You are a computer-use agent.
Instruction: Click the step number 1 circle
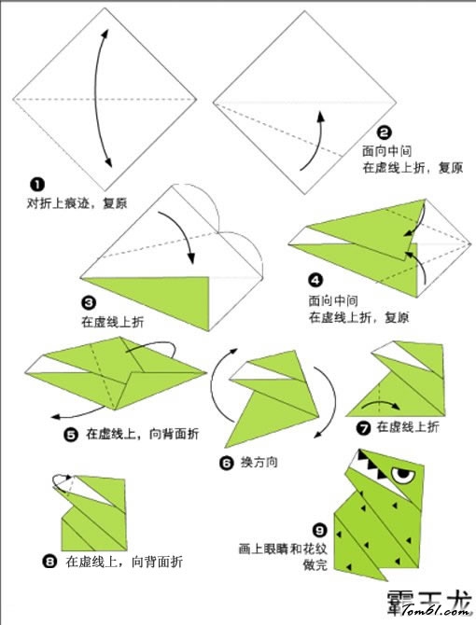coord(37,184)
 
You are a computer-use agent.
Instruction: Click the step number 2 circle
coord(385,132)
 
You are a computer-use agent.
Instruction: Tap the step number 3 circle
coord(89,303)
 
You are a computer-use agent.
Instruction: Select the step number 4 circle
coord(315,281)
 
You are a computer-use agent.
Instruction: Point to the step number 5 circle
coord(71,434)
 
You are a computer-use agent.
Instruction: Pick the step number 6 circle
coord(227,463)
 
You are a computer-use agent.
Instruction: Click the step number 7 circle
coord(363,428)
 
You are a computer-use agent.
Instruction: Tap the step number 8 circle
coord(49,562)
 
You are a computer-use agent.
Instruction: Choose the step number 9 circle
coord(319,531)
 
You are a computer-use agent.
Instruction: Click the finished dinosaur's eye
coord(403,475)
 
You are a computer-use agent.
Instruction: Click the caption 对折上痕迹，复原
coord(77,203)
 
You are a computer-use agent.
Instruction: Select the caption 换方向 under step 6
coord(259,463)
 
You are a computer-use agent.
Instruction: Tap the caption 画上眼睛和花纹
coord(282,549)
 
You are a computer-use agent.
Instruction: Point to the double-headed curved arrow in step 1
coord(96,98)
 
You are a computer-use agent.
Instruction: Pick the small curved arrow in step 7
coord(381,405)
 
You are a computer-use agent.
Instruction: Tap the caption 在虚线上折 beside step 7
coord(408,427)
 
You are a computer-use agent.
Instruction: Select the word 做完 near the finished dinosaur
coord(315,565)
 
